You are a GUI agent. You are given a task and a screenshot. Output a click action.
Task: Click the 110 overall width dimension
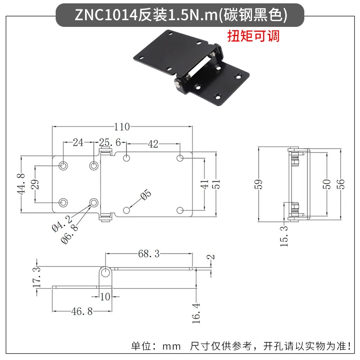pyautogui.click(x=122, y=127)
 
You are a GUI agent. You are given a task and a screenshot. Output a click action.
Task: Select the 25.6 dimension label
pyautogui.click(x=110, y=142)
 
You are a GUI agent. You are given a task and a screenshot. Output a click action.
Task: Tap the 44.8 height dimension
pyautogui.click(x=21, y=184)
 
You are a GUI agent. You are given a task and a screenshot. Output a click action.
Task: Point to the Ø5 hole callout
pyautogui.click(x=146, y=195)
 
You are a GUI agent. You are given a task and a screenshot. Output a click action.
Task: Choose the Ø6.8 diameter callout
pyautogui.click(x=69, y=234)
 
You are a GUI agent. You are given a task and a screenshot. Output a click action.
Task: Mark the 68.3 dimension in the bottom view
pyautogui.click(x=149, y=254)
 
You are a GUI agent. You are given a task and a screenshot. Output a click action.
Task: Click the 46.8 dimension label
pyautogui.click(x=82, y=311)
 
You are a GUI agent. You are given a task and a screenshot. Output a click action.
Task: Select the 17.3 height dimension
pyautogui.click(x=37, y=277)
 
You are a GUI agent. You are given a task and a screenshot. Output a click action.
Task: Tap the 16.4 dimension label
pyautogui.click(x=196, y=313)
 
